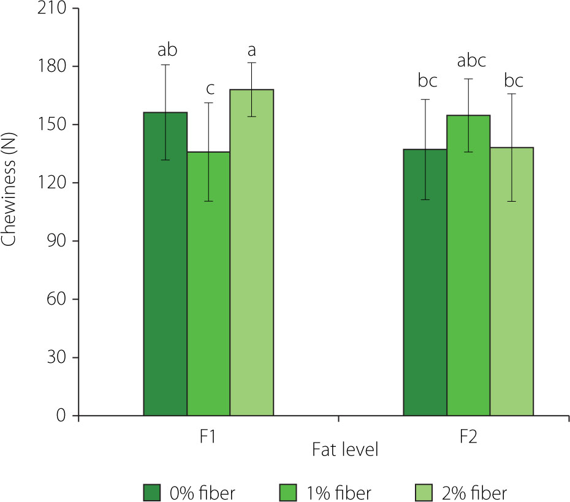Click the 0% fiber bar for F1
(165, 264)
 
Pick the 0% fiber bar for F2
(425, 282)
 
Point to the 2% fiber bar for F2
(511, 281)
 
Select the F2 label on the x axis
(468, 437)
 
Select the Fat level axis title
(344, 450)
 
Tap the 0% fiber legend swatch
(153, 492)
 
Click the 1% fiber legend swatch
(289, 492)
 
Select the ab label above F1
(166, 49)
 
